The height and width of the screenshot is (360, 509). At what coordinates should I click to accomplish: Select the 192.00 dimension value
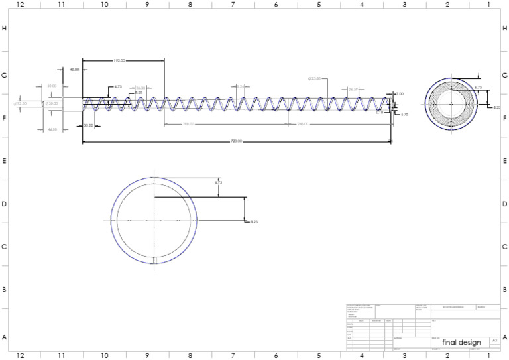tap(120, 60)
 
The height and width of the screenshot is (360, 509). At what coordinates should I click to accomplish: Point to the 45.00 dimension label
tap(75, 70)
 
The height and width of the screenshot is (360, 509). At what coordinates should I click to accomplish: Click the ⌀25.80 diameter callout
tap(314, 78)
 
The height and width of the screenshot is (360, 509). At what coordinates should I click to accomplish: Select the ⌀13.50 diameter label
tap(21, 103)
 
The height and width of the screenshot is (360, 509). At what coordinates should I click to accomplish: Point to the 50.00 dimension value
tap(52, 86)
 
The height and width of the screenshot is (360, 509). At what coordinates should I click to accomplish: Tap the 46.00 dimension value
tap(52, 129)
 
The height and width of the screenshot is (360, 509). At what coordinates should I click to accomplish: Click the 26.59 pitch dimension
tap(353, 90)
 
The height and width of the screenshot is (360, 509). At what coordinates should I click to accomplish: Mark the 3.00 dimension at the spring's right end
tap(399, 94)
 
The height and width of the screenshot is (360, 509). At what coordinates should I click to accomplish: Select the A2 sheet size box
tap(493, 339)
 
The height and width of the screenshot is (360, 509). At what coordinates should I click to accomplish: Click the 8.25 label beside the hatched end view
tap(497, 107)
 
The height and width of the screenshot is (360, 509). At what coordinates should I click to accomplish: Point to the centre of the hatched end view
tap(451, 103)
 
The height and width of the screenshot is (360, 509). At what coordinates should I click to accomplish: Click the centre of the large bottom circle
tap(154, 220)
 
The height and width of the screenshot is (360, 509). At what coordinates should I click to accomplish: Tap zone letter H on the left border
tap(5, 29)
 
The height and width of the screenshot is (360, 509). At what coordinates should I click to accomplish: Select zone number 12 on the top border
tap(20, 4)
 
